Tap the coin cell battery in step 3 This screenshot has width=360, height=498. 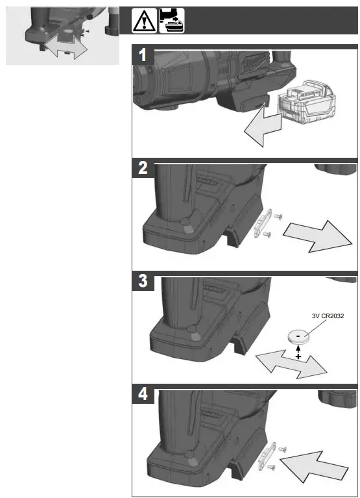click(x=298, y=337)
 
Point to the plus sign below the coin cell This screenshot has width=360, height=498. click(x=298, y=356)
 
